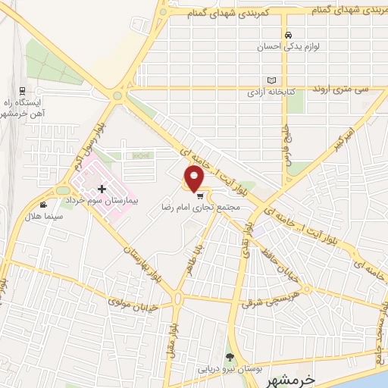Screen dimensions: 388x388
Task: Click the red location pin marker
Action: point(195,180)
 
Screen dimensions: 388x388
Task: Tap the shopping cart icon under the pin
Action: point(200,196)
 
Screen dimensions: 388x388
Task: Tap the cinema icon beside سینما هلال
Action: point(44,205)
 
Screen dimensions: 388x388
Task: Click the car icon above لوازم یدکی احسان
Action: point(289,35)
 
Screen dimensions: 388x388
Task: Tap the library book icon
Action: point(271,80)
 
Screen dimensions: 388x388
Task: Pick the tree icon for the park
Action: point(230,357)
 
